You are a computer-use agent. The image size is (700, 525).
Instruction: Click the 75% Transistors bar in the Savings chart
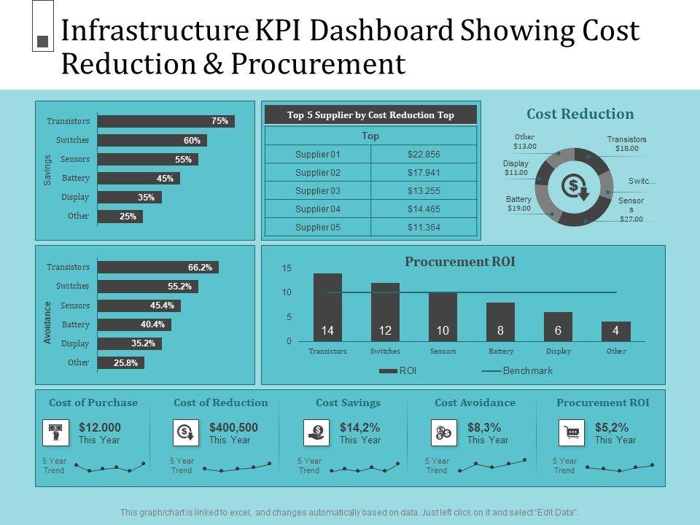[x=166, y=121]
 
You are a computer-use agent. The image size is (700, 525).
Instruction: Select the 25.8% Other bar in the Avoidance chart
[x=121, y=362]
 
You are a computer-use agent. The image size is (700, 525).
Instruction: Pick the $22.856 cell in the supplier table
[x=424, y=155]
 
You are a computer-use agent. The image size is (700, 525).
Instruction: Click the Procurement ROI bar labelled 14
[x=327, y=307]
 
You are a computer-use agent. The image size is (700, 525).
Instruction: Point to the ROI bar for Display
[x=558, y=327]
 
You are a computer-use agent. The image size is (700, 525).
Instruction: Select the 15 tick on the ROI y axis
[x=287, y=269]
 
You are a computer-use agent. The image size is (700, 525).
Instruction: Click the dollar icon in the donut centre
[x=573, y=187]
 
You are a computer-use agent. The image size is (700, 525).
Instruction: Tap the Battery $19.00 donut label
[x=518, y=203]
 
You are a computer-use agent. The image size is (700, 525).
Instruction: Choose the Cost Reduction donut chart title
[x=580, y=114]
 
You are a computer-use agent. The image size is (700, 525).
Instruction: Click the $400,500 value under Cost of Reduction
[x=233, y=428]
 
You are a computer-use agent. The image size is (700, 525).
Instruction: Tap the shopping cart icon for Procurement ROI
[x=572, y=433]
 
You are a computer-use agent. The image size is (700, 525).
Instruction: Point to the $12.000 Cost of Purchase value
[x=100, y=428]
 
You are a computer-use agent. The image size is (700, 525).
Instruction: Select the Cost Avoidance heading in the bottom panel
[x=475, y=402]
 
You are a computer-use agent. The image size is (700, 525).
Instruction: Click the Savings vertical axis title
[x=47, y=169]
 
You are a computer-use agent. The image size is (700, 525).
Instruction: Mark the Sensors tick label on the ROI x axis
[x=443, y=351]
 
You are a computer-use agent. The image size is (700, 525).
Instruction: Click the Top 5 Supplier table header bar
[x=370, y=114]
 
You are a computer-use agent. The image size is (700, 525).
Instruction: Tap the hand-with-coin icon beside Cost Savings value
[x=316, y=433]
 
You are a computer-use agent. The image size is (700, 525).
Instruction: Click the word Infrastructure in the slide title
[x=157, y=31]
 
